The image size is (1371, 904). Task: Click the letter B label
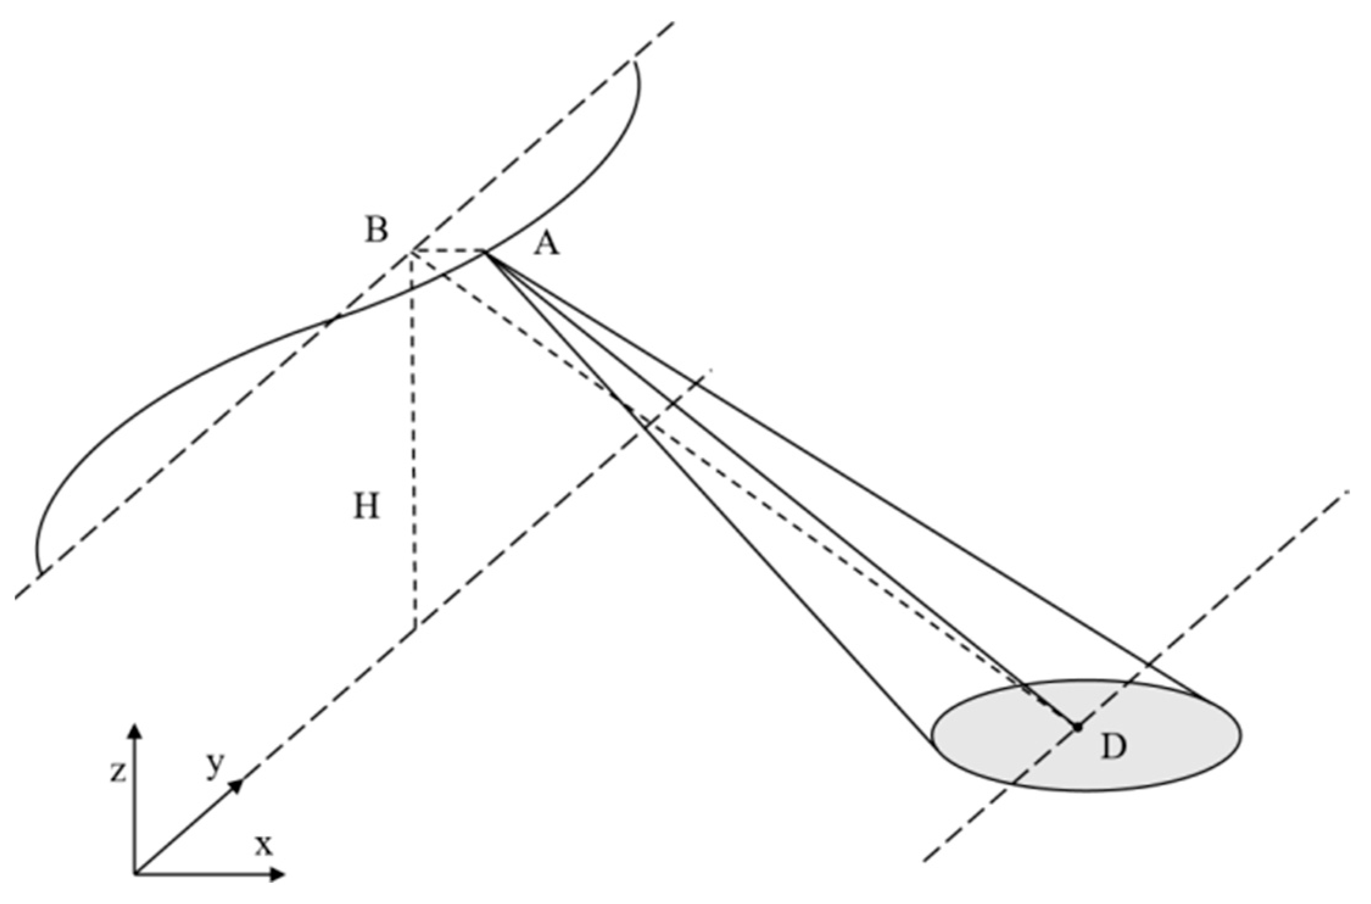376,231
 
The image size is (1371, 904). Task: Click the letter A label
546,245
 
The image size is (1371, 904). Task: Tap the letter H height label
367,507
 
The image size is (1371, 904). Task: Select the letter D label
1113,747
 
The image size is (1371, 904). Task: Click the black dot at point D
1077,727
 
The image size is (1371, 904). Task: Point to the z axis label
118,771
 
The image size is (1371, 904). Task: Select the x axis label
264,845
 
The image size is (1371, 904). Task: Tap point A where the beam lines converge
485,251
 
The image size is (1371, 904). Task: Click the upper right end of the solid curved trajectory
634,60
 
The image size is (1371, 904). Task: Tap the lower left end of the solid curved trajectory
40,573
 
